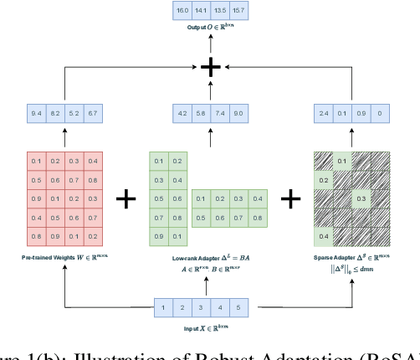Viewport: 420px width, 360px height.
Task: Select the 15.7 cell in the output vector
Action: [240, 12]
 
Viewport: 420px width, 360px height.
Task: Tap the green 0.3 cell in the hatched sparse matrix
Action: [361, 198]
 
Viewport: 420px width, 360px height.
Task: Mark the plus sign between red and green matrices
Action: [125, 198]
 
